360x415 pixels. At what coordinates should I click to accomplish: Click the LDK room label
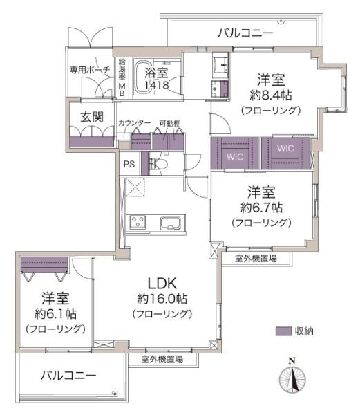[x=162, y=283]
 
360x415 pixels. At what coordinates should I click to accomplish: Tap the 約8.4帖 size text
[x=271, y=95]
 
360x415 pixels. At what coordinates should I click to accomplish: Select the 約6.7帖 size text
[x=261, y=207]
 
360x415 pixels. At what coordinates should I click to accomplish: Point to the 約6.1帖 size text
[x=55, y=314]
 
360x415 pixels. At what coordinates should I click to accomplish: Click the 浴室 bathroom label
[x=156, y=73]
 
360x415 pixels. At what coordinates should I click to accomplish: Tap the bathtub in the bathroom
[x=143, y=77]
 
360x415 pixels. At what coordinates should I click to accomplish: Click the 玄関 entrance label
[x=92, y=117]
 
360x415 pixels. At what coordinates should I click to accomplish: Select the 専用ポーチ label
[x=90, y=70]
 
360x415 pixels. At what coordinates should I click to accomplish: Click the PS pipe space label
[x=129, y=164]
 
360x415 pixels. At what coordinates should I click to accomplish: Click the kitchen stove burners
[x=138, y=222]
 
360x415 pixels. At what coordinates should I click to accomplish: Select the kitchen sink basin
[x=171, y=223]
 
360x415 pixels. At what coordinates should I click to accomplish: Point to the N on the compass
[x=292, y=360]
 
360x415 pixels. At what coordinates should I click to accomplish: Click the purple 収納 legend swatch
[x=283, y=331]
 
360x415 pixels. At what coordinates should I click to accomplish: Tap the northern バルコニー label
[x=245, y=33]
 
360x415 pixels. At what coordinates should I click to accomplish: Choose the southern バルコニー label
[x=68, y=376]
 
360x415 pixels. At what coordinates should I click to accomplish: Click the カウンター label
[x=134, y=123]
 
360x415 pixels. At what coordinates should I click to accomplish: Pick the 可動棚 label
[x=170, y=123]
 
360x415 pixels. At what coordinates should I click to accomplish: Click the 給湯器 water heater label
[x=122, y=69]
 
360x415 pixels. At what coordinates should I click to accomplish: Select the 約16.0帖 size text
[x=162, y=299]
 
